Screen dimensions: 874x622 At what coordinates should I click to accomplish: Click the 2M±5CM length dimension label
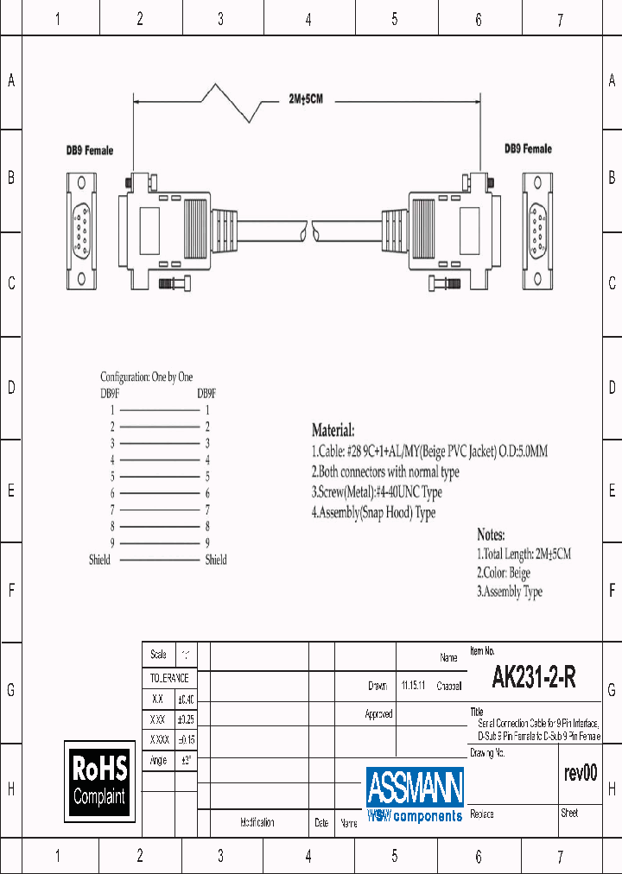pyautogui.click(x=306, y=99)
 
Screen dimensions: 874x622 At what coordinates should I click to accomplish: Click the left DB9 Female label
pyautogui.click(x=90, y=150)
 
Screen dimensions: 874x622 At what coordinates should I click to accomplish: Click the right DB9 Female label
pyautogui.click(x=528, y=149)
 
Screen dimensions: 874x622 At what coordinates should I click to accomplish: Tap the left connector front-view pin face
pyautogui.click(x=83, y=230)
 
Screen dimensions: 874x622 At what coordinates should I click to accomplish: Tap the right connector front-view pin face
pyautogui.click(x=536, y=229)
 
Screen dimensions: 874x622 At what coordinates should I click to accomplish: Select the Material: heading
pyautogui.click(x=333, y=430)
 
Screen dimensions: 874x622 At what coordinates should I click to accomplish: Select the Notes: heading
pyautogui.click(x=491, y=535)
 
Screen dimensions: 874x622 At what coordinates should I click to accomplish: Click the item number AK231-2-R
pyautogui.click(x=533, y=678)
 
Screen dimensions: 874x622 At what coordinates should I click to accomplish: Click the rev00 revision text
pyautogui.click(x=580, y=773)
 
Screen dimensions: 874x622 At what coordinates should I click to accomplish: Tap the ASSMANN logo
pyautogui.click(x=415, y=794)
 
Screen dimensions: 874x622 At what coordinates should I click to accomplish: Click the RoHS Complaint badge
pyautogui.click(x=99, y=781)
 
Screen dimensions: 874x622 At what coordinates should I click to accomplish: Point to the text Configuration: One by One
pyautogui.click(x=147, y=377)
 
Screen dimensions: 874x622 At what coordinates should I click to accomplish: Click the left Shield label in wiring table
pyautogui.click(x=99, y=560)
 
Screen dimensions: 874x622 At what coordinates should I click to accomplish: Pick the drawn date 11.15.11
pyautogui.click(x=412, y=686)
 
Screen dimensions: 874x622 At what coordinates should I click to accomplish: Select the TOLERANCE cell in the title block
pyautogui.click(x=168, y=678)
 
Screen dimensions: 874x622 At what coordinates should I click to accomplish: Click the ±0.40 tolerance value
pyautogui.click(x=186, y=699)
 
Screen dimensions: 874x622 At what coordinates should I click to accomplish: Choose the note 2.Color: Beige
pyautogui.click(x=504, y=573)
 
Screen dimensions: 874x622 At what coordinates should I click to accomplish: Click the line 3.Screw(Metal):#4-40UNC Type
pyautogui.click(x=376, y=492)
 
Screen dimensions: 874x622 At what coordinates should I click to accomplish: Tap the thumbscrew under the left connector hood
pyautogui.click(x=177, y=282)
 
